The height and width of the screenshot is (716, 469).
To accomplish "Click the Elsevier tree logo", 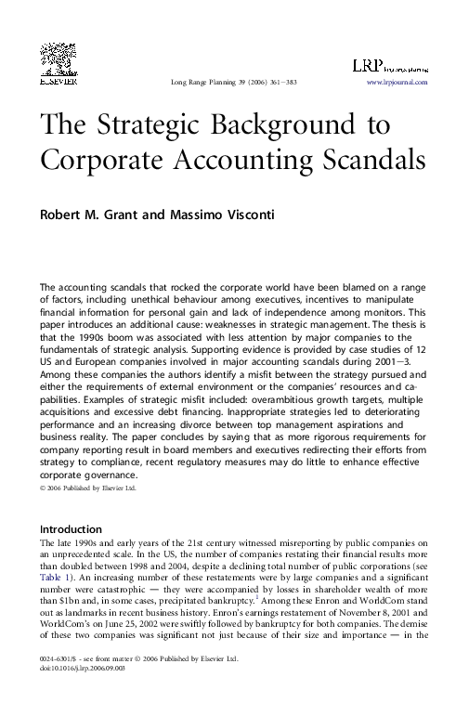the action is click(56, 58).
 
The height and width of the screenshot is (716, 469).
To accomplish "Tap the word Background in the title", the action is click(287, 125).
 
